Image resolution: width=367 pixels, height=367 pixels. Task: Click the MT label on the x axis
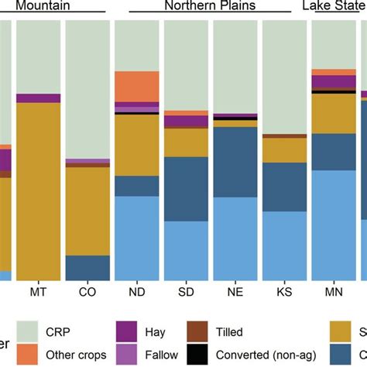click(39, 293)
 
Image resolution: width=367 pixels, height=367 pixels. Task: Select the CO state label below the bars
click(87, 293)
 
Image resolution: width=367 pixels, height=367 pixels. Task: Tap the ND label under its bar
click(137, 293)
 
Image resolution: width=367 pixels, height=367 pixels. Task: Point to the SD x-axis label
click(186, 293)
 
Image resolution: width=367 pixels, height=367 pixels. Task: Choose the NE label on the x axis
click(235, 293)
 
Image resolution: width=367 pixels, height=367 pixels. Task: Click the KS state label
click(285, 293)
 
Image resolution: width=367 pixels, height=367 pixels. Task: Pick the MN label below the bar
click(334, 293)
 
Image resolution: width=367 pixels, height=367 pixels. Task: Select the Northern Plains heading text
click(210, 6)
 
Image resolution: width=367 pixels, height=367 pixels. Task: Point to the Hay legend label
click(159, 331)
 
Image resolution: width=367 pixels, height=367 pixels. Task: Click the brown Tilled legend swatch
click(200, 331)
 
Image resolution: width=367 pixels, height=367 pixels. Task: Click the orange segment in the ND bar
click(137, 86)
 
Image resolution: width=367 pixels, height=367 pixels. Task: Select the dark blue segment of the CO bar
click(87, 268)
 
